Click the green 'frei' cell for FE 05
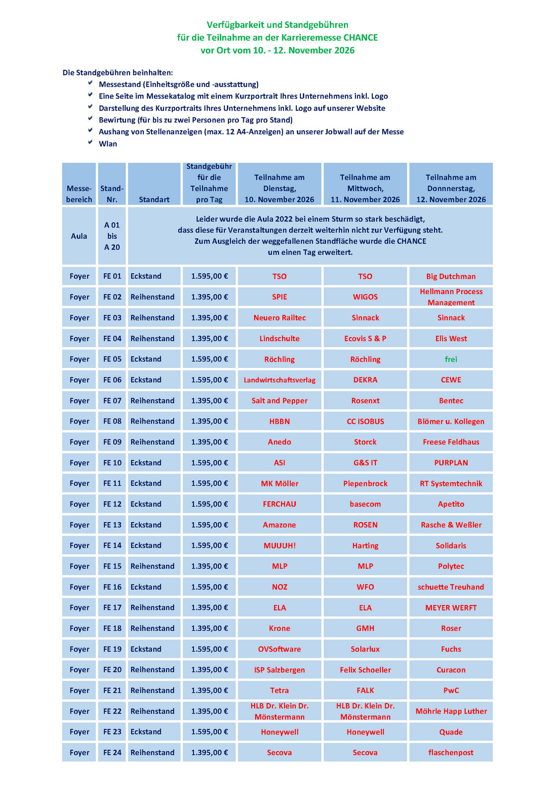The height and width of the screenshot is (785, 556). click(x=451, y=359)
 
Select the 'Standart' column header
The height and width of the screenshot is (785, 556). click(x=154, y=199)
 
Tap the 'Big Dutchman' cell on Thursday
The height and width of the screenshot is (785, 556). click(x=451, y=276)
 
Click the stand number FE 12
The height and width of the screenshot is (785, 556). click(x=112, y=504)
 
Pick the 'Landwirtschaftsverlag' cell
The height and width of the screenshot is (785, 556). click(x=279, y=380)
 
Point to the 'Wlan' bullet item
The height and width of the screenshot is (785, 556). click(x=108, y=144)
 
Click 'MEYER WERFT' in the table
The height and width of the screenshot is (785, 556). click(x=451, y=607)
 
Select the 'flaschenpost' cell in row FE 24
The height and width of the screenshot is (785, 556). click(x=451, y=752)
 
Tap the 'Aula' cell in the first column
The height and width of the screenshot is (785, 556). click(x=79, y=236)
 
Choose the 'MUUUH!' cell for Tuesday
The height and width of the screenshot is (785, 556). click(x=279, y=545)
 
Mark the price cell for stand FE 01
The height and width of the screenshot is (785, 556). click(x=209, y=276)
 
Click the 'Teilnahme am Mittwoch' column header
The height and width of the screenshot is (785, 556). click(x=365, y=188)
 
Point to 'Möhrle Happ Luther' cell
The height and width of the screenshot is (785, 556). click(x=451, y=711)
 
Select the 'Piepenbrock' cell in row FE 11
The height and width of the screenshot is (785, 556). click(x=365, y=483)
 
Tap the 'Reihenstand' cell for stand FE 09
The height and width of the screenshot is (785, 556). click(x=152, y=442)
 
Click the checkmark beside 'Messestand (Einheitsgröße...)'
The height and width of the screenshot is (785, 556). click(x=90, y=84)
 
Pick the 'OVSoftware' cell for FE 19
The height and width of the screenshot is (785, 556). click(x=279, y=649)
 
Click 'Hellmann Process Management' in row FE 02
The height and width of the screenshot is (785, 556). click(x=451, y=297)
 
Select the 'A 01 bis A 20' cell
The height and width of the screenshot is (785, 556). click(x=112, y=236)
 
